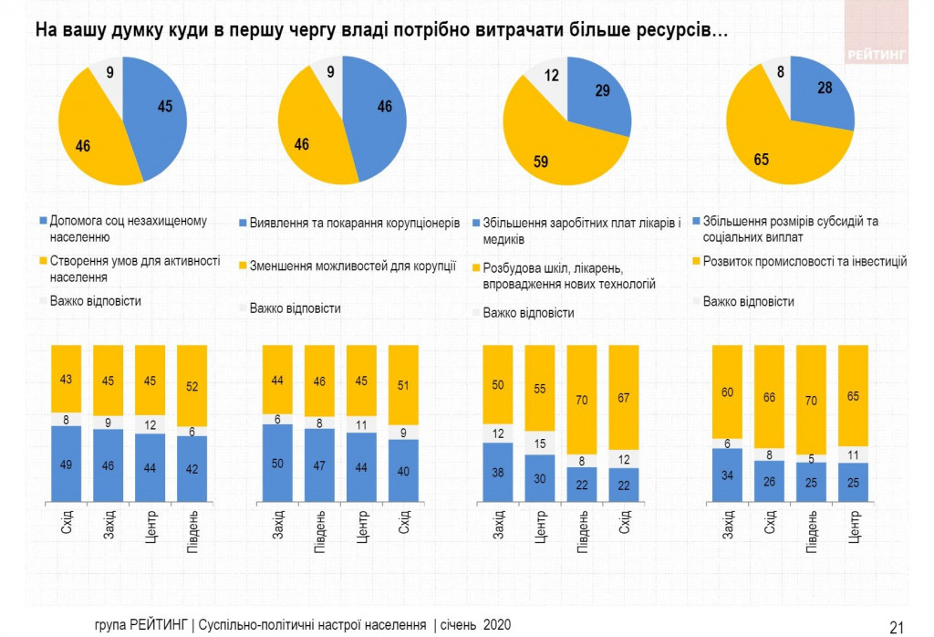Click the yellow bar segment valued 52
[x=192, y=386]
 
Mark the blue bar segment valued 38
[x=498, y=474]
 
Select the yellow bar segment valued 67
[x=625, y=399]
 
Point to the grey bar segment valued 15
[x=540, y=443]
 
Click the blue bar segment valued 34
[x=728, y=476]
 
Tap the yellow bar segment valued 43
[x=67, y=379]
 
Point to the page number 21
[x=897, y=626]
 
